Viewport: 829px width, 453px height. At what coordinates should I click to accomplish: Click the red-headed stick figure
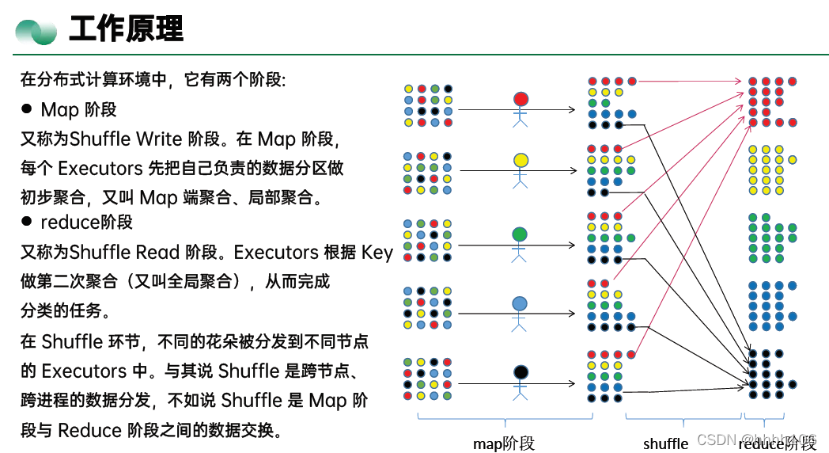coord(520,108)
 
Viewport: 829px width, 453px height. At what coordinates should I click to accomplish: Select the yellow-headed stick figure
coord(520,169)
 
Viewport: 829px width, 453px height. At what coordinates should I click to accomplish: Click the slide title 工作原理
coord(127,29)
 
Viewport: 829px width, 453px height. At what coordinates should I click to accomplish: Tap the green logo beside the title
coord(36,31)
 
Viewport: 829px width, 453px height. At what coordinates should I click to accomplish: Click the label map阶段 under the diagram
coord(504,443)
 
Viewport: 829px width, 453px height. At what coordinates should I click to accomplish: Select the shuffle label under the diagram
coord(665,443)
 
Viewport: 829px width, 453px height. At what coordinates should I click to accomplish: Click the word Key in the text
coord(377,252)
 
